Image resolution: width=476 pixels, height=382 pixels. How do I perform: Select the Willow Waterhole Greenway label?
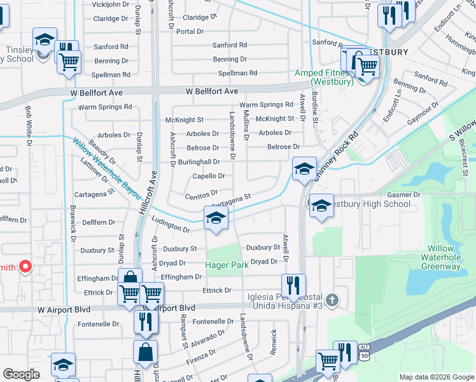click(436, 257)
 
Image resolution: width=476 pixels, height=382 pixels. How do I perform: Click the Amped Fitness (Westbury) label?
click(324, 78)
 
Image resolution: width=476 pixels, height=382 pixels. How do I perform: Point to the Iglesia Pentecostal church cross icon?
click(331, 299)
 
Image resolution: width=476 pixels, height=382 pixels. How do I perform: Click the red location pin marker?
click(25, 267)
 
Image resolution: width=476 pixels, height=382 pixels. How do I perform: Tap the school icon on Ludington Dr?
click(216, 218)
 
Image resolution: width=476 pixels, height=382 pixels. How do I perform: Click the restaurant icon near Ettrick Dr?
click(293, 285)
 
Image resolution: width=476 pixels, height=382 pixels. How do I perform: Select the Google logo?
click(22, 374)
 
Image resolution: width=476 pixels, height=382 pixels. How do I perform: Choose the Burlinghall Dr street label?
click(199, 162)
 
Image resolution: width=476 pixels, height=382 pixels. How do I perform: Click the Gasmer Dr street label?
click(403, 194)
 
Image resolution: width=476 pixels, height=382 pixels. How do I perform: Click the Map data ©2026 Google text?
click(436, 377)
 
